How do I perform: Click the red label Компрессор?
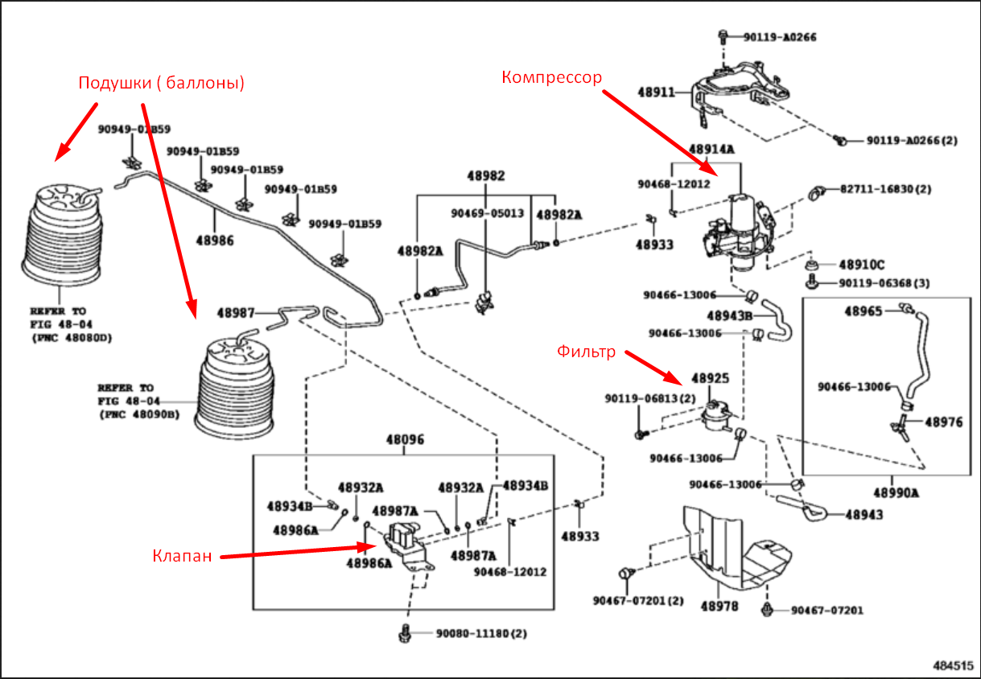(551, 77)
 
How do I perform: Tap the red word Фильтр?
(586, 352)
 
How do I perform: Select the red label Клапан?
(182, 556)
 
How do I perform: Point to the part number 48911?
(656, 93)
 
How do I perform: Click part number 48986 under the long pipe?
(215, 241)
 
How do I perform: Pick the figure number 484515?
(953, 665)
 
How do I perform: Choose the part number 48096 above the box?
(405, 439)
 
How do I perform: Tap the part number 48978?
(719, 607)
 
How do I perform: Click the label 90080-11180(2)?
(481, 633)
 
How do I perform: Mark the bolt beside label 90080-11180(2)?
(405, 633)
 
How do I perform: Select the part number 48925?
(711, 378)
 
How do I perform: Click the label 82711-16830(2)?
(885, 189)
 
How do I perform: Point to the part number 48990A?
(896, 493)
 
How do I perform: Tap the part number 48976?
(944, 422)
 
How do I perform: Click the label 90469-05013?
(488, 213)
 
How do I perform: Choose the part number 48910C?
(861, 265)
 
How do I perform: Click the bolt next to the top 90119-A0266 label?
(723, 36)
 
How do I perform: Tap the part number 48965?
(864, 311)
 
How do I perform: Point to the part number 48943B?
(730, 315)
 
